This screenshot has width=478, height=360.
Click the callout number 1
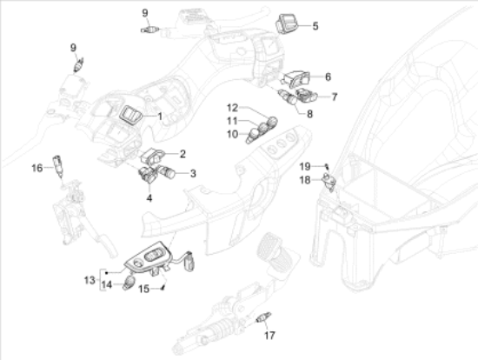point(160,117)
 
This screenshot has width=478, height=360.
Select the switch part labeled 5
point(286,23)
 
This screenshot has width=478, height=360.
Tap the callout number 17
point(269,336)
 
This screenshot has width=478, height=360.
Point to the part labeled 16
point(58,166)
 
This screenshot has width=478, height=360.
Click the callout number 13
point(90,280)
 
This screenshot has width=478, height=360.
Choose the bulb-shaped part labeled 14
point(129,283)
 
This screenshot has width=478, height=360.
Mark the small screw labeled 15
point(163,287)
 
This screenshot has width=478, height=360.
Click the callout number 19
point(305,167)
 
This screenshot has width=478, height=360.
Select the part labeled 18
point(329,181)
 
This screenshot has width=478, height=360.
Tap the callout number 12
point(232,108)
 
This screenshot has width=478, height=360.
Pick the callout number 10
point(232,134)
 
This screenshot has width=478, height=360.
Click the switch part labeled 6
point(296,78)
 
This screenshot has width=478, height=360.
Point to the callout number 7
point(335,97)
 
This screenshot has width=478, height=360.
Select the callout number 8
point(309,114)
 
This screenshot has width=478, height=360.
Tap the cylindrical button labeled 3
point(166,171)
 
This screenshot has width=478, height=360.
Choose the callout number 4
point(149,198)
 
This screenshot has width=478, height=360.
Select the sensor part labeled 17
point(263,317)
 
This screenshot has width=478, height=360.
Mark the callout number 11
point(232,121)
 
